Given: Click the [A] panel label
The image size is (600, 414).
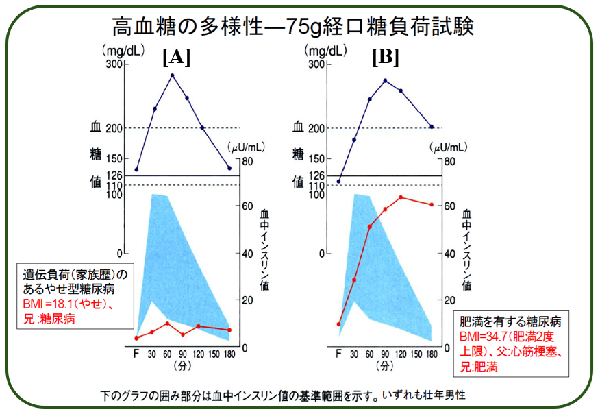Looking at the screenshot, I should click(176, 58).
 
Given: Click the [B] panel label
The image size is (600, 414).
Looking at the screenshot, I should click(386, 58).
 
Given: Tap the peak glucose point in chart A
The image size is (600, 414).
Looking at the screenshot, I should click(173, 75).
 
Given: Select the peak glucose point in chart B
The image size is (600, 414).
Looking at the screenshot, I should click(386, 81).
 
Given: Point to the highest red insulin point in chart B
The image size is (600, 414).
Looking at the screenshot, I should click(401, 197).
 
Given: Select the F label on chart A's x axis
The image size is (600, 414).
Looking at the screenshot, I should click(136, 354).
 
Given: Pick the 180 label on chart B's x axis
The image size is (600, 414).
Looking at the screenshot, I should click(432, 354).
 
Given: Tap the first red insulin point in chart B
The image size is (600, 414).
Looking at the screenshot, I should click(338, 324).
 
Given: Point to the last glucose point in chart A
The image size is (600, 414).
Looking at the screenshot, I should click(229, 168).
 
